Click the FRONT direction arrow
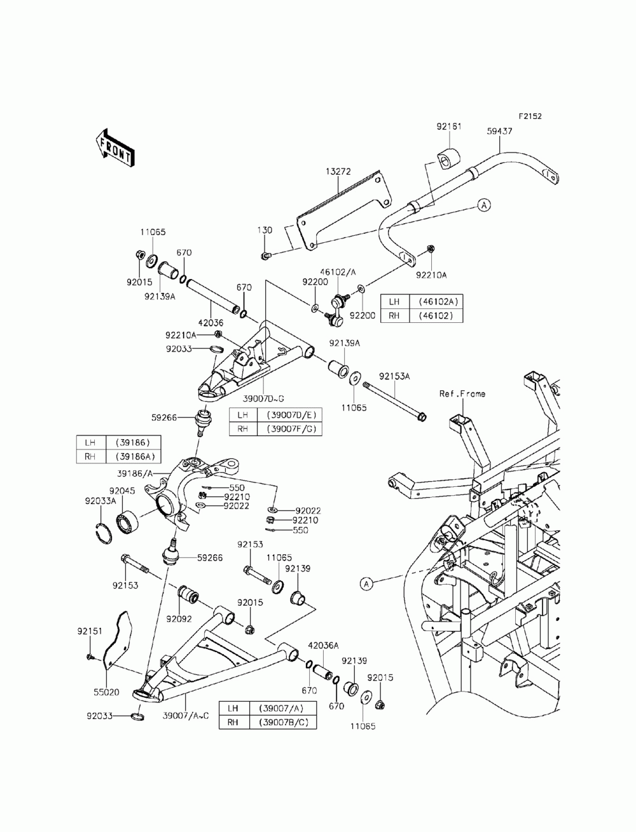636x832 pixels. pos(114,147)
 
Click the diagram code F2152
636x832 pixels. pos(530,116)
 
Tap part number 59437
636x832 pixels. pos(499,131)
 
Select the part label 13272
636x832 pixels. pos(338,172)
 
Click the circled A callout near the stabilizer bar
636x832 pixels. pos(483,205)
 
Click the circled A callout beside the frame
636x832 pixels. pos(366,583)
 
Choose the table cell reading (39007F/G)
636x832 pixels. pos(289,429)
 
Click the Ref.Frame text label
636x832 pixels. pos(462,394)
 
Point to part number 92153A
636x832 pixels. pos(394,376)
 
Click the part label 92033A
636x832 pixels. pos(100,501)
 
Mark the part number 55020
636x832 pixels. pos(107,692)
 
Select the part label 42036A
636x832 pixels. pos(323,644)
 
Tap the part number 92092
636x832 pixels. pos(179,619)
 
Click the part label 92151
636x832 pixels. pos(90,631)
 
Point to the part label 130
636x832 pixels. pos(265,230)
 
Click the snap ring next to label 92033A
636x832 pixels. pos(103,533)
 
